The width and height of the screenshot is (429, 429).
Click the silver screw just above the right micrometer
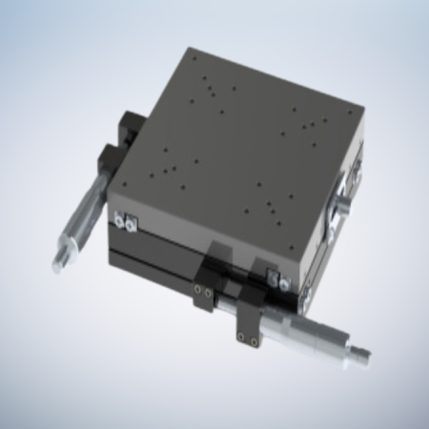click(276, 280)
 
